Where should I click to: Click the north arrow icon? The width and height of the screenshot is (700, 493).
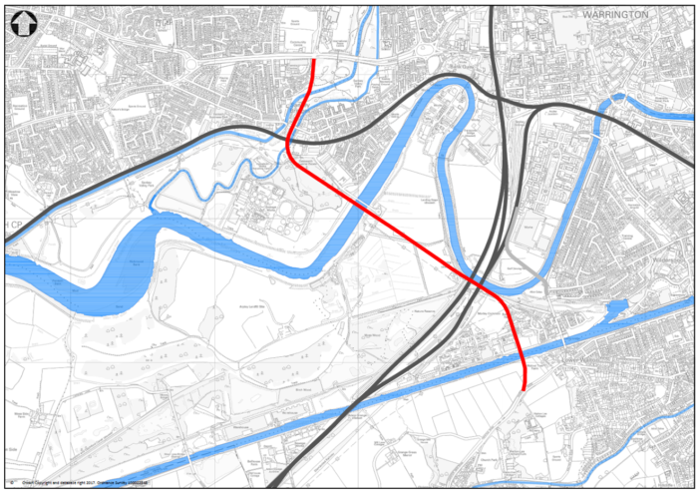[22, 23]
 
